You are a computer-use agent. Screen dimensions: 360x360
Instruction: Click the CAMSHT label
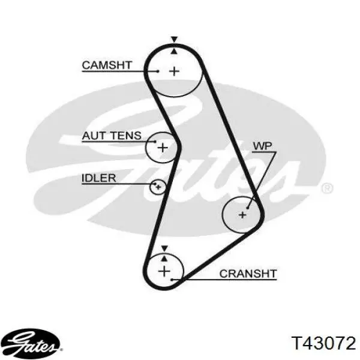tap(107, 65)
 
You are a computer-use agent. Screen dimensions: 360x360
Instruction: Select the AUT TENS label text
tap(112, 136)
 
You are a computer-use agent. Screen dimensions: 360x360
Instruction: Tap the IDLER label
tap(99, 178)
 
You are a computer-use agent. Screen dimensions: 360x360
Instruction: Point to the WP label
tap(262, 146)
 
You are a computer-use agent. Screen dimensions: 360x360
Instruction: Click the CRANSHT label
tap(248, 274)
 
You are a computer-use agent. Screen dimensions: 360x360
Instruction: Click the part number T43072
tap(323, 343)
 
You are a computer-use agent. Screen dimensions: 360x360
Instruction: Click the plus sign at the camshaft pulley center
tap(174, 71)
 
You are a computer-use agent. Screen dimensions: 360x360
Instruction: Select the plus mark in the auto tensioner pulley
tap(163, 148)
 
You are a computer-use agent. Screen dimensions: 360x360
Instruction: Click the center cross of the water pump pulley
tap(242, 215)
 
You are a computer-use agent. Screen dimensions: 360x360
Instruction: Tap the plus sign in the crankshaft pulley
tap(164, 271)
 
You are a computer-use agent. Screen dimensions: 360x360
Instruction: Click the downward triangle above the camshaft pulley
tap(175, 39)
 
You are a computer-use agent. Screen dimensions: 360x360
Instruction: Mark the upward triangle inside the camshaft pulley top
tap(174, 51)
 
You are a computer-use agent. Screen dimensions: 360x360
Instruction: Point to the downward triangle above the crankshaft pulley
tap(164, 248)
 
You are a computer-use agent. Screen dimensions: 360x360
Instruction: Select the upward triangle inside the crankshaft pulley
tap(164, 259)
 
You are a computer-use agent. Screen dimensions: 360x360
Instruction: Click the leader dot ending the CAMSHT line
tap(158, 71)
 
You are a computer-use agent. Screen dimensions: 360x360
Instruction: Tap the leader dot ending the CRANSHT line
tap(172, 280)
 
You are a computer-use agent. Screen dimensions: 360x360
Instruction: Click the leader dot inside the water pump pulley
tap(247, 208)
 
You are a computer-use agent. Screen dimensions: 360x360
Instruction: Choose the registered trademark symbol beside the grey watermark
tap(328, 189)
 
